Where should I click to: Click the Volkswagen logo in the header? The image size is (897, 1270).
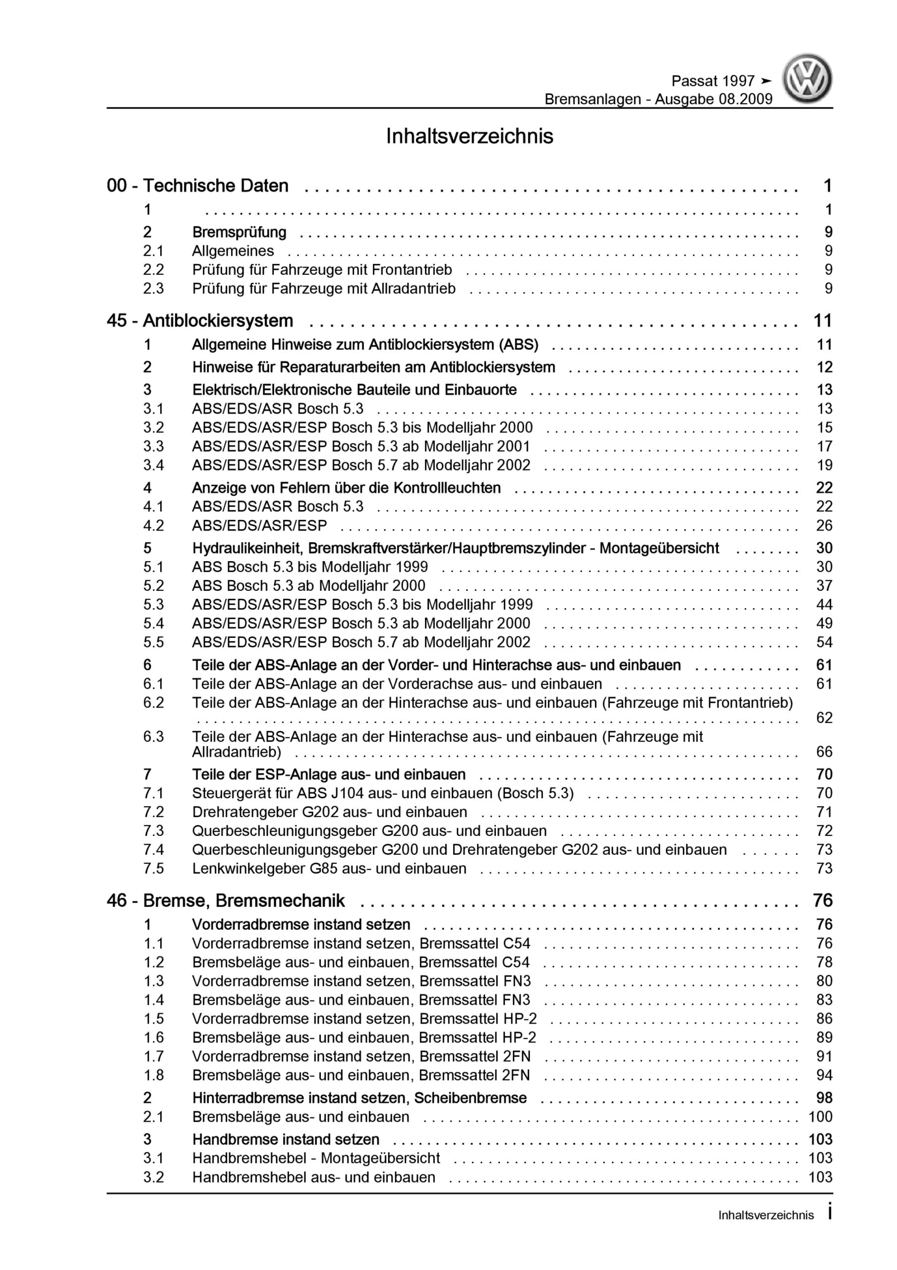[x=807, y=78]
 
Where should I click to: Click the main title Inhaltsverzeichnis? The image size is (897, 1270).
[x=470, y=136]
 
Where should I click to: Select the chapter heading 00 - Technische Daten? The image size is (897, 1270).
[x=197, y=186]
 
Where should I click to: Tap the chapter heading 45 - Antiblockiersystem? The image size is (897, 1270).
[x=200, y=321]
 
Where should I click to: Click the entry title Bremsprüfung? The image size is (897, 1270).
[x=239, y=232]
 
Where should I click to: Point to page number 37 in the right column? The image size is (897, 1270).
[x=824, y=586]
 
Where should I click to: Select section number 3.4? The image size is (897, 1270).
[x=153, y=465]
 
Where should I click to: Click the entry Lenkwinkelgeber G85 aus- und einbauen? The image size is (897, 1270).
[x=329, y=869]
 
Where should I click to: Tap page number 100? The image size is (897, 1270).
[x=820, y=1117]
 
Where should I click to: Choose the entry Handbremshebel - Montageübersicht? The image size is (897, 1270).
[x=316, y=1158]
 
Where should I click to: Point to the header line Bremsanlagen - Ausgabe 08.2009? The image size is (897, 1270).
[x=658, y=99]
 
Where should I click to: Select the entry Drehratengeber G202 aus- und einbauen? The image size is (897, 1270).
[x=330, y=812]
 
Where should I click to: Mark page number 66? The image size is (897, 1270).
[x=824, y=752]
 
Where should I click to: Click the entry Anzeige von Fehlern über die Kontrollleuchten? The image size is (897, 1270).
[x=346, y=488]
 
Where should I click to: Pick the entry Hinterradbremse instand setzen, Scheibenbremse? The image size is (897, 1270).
[x=359, y=1098]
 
